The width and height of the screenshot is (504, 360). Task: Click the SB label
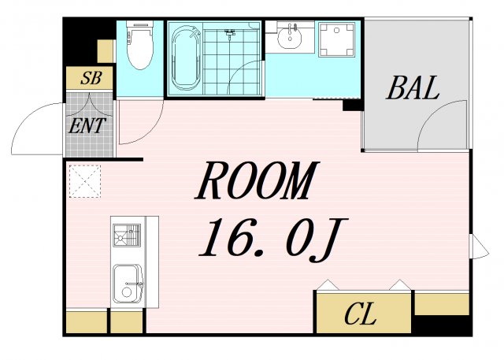91,78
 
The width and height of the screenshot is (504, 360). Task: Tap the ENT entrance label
87,126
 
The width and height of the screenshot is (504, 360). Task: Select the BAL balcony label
413,87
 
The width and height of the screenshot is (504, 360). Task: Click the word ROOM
258,180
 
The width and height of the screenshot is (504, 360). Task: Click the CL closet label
360,314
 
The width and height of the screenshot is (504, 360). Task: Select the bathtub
186,58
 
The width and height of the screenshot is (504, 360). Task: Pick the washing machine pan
336,39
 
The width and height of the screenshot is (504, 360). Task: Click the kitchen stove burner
127,236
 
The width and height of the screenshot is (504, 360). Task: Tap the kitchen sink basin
128,284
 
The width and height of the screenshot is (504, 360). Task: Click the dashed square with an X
85,181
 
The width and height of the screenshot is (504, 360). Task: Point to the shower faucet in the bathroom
229,34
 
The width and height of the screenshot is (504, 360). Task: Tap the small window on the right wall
479,247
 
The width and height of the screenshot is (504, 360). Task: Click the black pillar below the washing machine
353,105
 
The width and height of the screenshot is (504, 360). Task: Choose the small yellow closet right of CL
442,304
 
